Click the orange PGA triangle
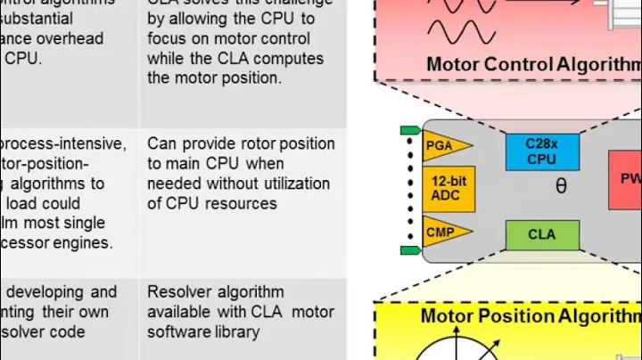pyautogui.click(x=444, y=144)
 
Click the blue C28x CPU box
pyautogui.click(x=541, y=151)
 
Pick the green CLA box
pyautogui.click(x=541, y=235)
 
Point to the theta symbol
pyautogui.click(x=561, y=187)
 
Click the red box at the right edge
pyautogui.click(x=626, y=178)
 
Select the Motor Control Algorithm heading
pyautogui.click(x=533, y=64)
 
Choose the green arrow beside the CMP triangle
pyautogui.click(x=409, y=250)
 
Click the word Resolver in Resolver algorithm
pyautogui.click(x=178, y=292)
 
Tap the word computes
pyautogui.click(x=289, y=59)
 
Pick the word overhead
pyautogui.click(x=71, y=39)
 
